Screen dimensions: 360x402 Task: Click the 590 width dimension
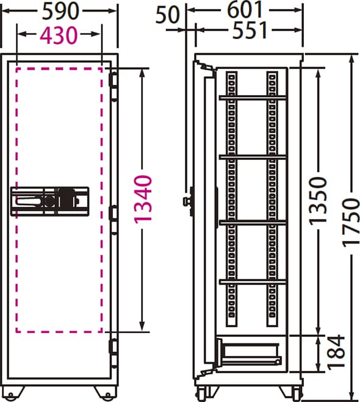click(60, 11)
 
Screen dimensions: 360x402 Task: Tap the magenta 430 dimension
click(59, 35)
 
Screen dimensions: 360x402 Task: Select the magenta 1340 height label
click(143, 199)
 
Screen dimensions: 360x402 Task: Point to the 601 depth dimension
click(245, 10)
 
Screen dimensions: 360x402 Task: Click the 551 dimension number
click(250, 30)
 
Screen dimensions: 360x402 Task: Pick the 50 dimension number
click(167, 15)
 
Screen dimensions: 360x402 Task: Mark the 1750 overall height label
click(351, 223)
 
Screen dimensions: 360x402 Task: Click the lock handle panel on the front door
click(50, 201)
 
